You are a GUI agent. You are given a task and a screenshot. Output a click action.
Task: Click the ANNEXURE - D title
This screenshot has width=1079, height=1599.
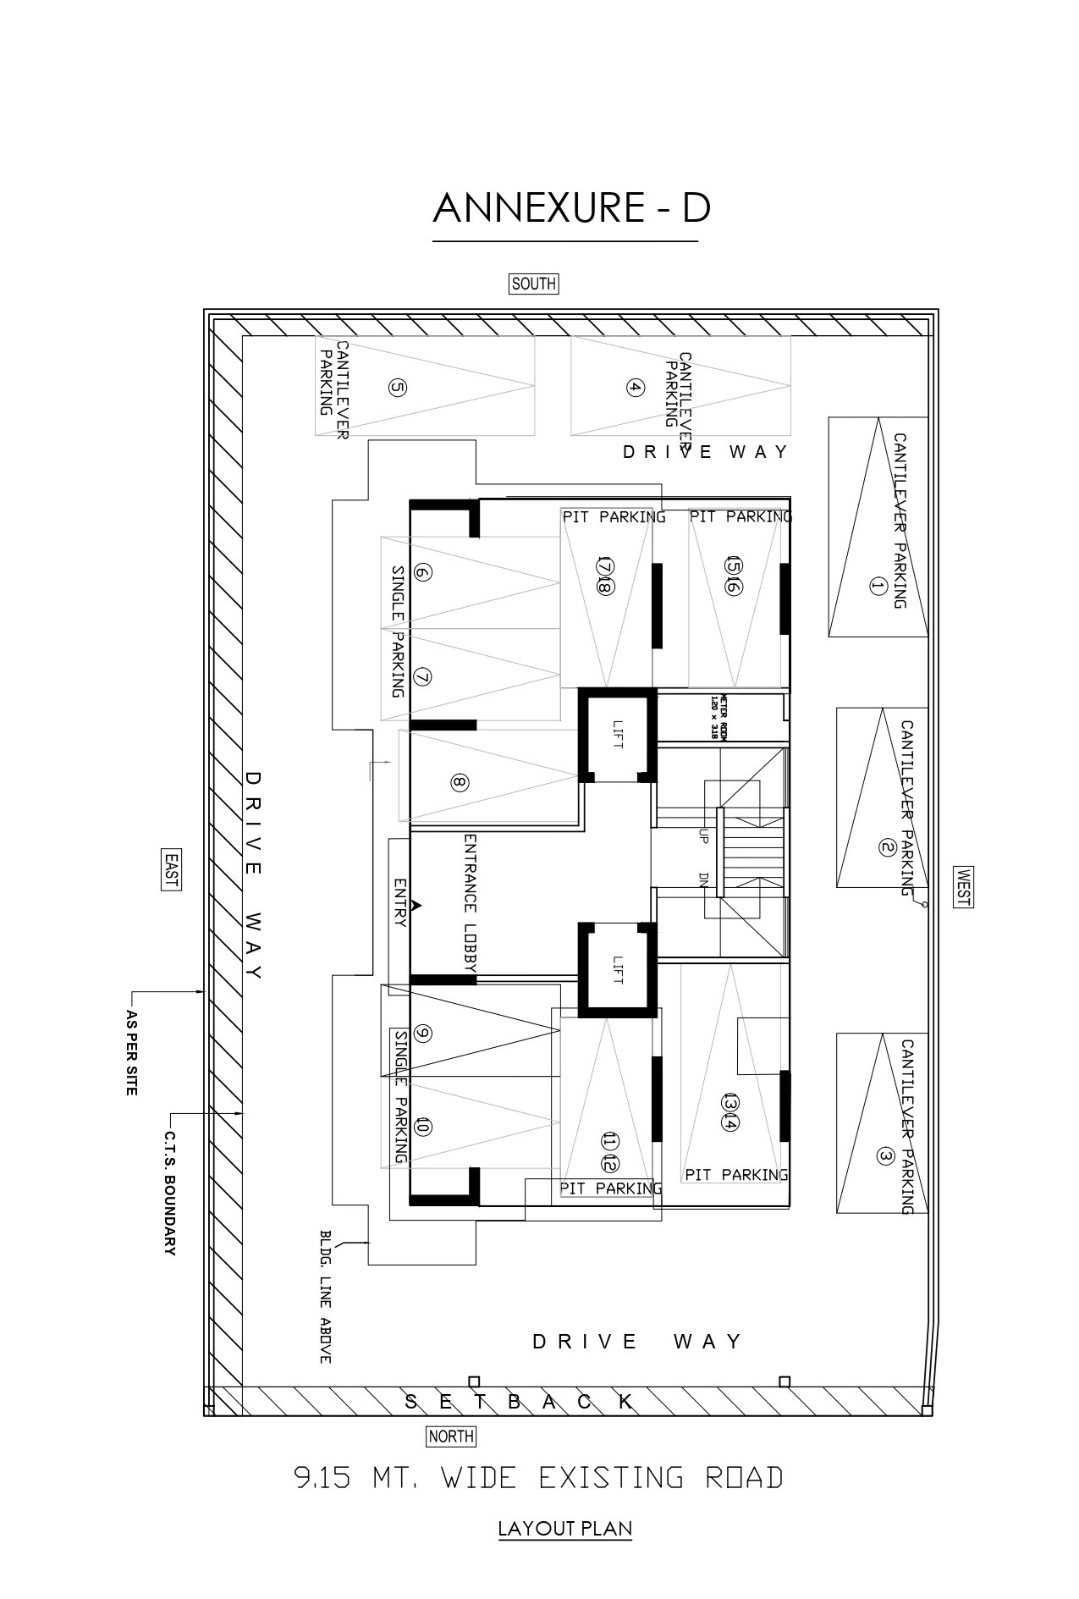coord(571,208)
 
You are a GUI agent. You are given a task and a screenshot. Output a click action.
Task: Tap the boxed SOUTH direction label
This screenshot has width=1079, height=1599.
coord(533,284)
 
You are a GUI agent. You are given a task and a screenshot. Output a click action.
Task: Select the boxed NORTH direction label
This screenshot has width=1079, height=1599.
coord(451,1436)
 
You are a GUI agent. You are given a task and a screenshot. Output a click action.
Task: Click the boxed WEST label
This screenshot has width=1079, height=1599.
coord(962,887)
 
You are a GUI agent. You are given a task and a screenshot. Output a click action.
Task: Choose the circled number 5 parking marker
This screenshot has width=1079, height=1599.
coord(397,388)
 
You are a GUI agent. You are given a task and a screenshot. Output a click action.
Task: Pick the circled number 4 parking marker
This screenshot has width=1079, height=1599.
coord(635,388)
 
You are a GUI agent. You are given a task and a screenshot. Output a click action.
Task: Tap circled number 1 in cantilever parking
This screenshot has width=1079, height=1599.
coord(877,586)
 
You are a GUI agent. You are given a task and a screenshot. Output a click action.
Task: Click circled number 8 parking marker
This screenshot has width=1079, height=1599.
coord(459,782)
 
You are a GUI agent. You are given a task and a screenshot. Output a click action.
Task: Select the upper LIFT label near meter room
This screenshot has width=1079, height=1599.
coord(617,733)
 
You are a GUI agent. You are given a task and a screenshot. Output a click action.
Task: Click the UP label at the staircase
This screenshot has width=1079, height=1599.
coord(703,835)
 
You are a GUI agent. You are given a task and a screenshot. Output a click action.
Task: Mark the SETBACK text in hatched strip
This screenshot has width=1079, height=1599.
coord(520,1401)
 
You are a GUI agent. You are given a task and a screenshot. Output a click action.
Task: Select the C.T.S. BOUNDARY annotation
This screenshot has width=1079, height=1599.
coord(169,1193)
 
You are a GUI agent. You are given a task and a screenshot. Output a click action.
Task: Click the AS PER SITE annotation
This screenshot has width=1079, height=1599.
coord(131,1052)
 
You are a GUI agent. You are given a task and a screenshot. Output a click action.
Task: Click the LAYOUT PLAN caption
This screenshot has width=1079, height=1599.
coord(564,1528)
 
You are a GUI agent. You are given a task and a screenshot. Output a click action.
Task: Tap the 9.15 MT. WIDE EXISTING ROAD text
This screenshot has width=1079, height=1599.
coord(538,1477)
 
